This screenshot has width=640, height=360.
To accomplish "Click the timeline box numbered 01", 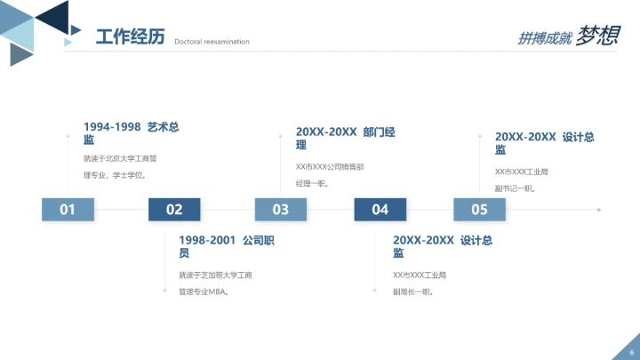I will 68,210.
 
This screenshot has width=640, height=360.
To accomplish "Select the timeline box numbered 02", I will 174,210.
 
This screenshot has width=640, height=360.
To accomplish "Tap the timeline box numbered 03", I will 281,210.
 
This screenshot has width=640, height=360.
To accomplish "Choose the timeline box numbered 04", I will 380,210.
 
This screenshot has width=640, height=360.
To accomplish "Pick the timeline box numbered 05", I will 480,210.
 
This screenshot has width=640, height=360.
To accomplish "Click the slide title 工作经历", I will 130,36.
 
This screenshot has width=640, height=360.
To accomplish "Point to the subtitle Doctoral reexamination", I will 212,41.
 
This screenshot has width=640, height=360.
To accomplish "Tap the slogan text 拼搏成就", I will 544,38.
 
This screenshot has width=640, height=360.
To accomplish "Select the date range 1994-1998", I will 113,127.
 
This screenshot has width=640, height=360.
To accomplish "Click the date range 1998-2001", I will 207,240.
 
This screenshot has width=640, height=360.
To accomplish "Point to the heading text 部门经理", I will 379,132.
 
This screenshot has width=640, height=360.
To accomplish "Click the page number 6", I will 631,352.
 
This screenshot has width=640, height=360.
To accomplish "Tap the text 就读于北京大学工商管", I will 120,159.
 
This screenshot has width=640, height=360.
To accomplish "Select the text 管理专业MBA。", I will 204,292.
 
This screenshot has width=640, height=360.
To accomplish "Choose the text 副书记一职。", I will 515,188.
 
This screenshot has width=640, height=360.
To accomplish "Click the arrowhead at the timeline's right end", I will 599,210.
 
